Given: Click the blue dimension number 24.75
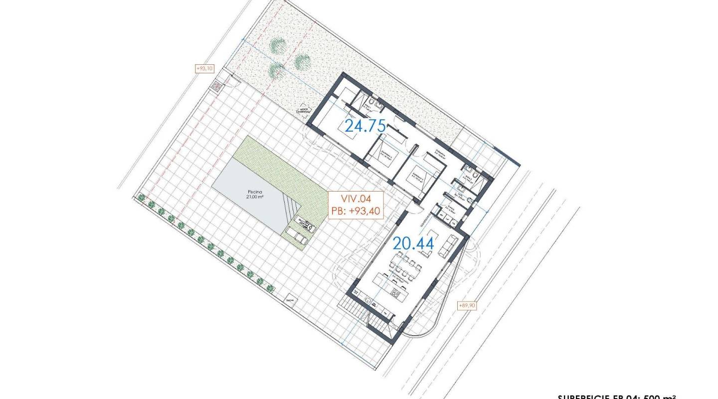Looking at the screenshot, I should coord(366,126).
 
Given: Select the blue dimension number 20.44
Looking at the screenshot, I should coord(413,243).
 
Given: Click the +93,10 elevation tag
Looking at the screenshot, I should coord(204,68).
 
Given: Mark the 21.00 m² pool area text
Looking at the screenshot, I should coord(254,197).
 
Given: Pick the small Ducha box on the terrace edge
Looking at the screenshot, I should coord(290,300).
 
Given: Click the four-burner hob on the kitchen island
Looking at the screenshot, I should coord(396,292).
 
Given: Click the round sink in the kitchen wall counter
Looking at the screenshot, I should coord(368,300).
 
